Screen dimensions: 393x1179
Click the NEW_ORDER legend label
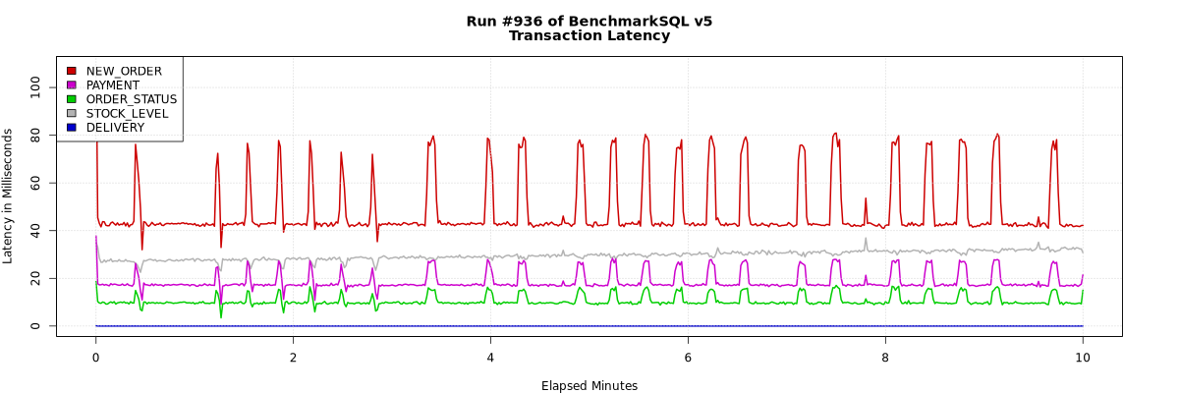[124, 71]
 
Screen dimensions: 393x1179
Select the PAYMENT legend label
[113, 85]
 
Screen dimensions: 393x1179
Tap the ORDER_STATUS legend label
[132, 99]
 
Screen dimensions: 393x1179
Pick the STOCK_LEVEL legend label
[127, 114]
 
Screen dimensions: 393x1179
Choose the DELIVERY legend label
[115, 128]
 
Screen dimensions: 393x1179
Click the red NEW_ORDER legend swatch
[71, 71]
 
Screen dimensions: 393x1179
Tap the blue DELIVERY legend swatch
[71, 128]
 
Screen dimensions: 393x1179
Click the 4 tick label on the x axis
[490, 359]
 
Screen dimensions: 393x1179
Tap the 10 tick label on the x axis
[1083, 359]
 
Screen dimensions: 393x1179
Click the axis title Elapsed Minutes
[589, 386]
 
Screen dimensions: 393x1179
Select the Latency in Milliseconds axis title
[9, 196]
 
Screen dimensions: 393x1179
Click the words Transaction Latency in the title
[589, 36]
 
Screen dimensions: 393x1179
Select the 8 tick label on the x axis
[885, 359]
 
